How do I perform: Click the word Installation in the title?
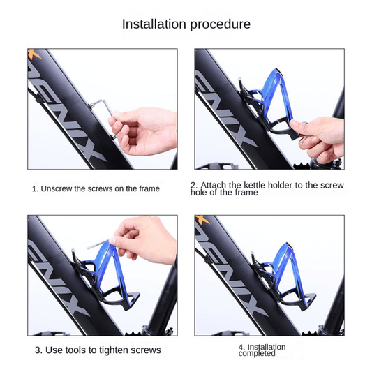pyautogui.click(x=154, y=24)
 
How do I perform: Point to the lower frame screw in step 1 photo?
pyautogui.click(x=113, y=136)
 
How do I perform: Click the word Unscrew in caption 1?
pyautogui.click(x=57, y=189)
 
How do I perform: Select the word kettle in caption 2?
pyautogui.click(x=256, y=185)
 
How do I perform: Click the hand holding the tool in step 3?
pyautogui.click(x=144, y=239)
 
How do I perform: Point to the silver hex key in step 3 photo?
pyautogui.click(x=98, y=245)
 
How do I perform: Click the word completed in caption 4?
pyautogui.click(x=257, y=353)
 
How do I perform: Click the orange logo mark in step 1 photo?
pyautogui.click(x=34, y=54)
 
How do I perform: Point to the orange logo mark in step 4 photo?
pyautogui.click(x=200, y=220)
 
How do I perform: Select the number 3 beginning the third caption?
pyautogui.click(x=38, y=350)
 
